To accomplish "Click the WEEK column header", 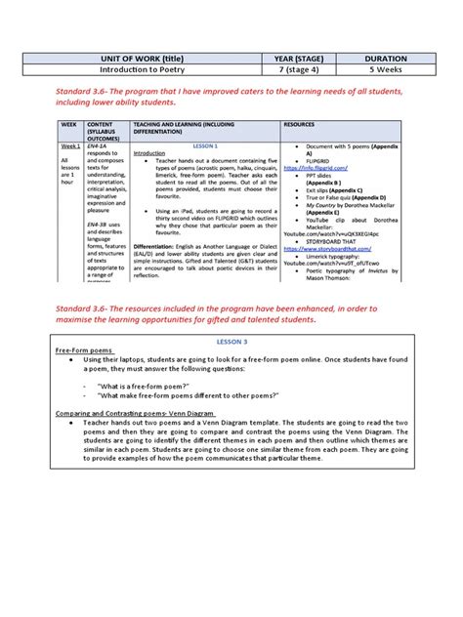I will pyautogui.click(x=68, y=125).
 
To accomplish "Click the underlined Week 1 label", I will pyautogui.click(x=70, y=144).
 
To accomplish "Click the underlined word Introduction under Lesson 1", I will pyautogui.click(x=149, y=153).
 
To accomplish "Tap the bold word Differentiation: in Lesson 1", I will pyautogui.click(x=158, y=247).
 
